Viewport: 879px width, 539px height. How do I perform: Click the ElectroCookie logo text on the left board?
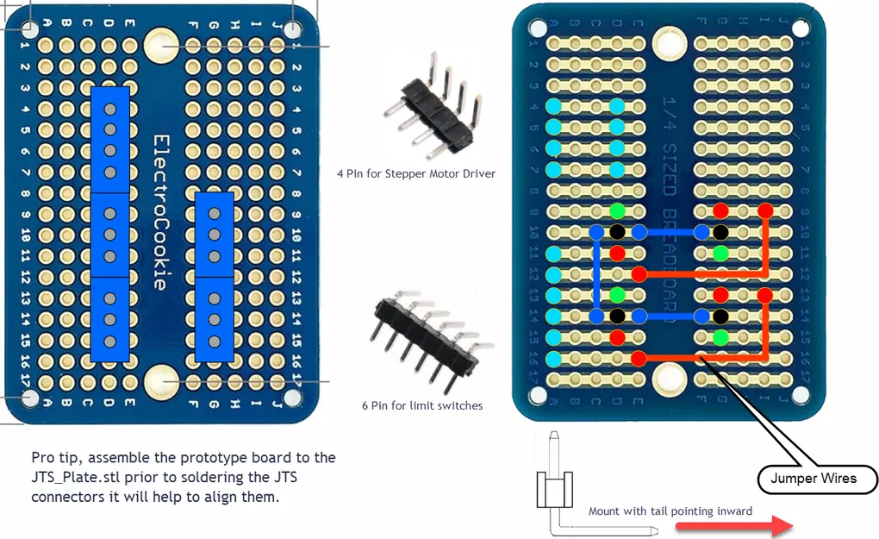[x=159, y=212]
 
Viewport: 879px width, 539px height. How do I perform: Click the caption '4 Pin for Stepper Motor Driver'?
[x=416, y=173]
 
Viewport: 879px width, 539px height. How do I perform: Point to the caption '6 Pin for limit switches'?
[x=422, y=404]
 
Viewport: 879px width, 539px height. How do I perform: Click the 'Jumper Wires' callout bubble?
[x=813, y=478]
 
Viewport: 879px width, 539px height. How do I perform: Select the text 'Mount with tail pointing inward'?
[x=670, y=511]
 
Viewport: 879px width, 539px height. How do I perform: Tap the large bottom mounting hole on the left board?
[x=160, y=380]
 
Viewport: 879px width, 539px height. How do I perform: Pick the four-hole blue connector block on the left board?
[x=110, y=139]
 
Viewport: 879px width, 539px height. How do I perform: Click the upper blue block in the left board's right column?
[x=214, y=234]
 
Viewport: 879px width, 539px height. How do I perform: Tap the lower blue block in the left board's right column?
[x=214, y=319]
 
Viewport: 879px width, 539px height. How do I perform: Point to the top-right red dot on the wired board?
[x=764, y=210]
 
